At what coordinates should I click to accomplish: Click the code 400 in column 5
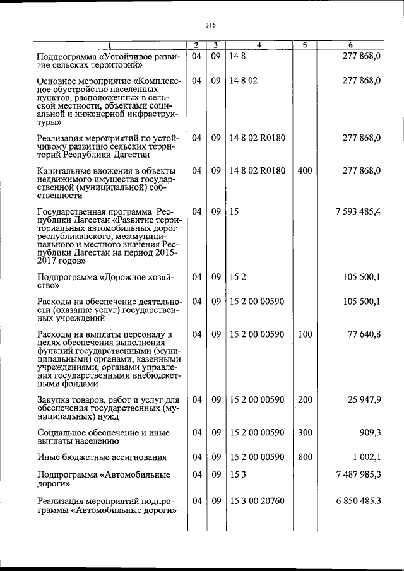(304, 171)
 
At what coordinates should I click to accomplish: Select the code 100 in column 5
(304, 334)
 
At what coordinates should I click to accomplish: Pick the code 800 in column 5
(304, 457)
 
